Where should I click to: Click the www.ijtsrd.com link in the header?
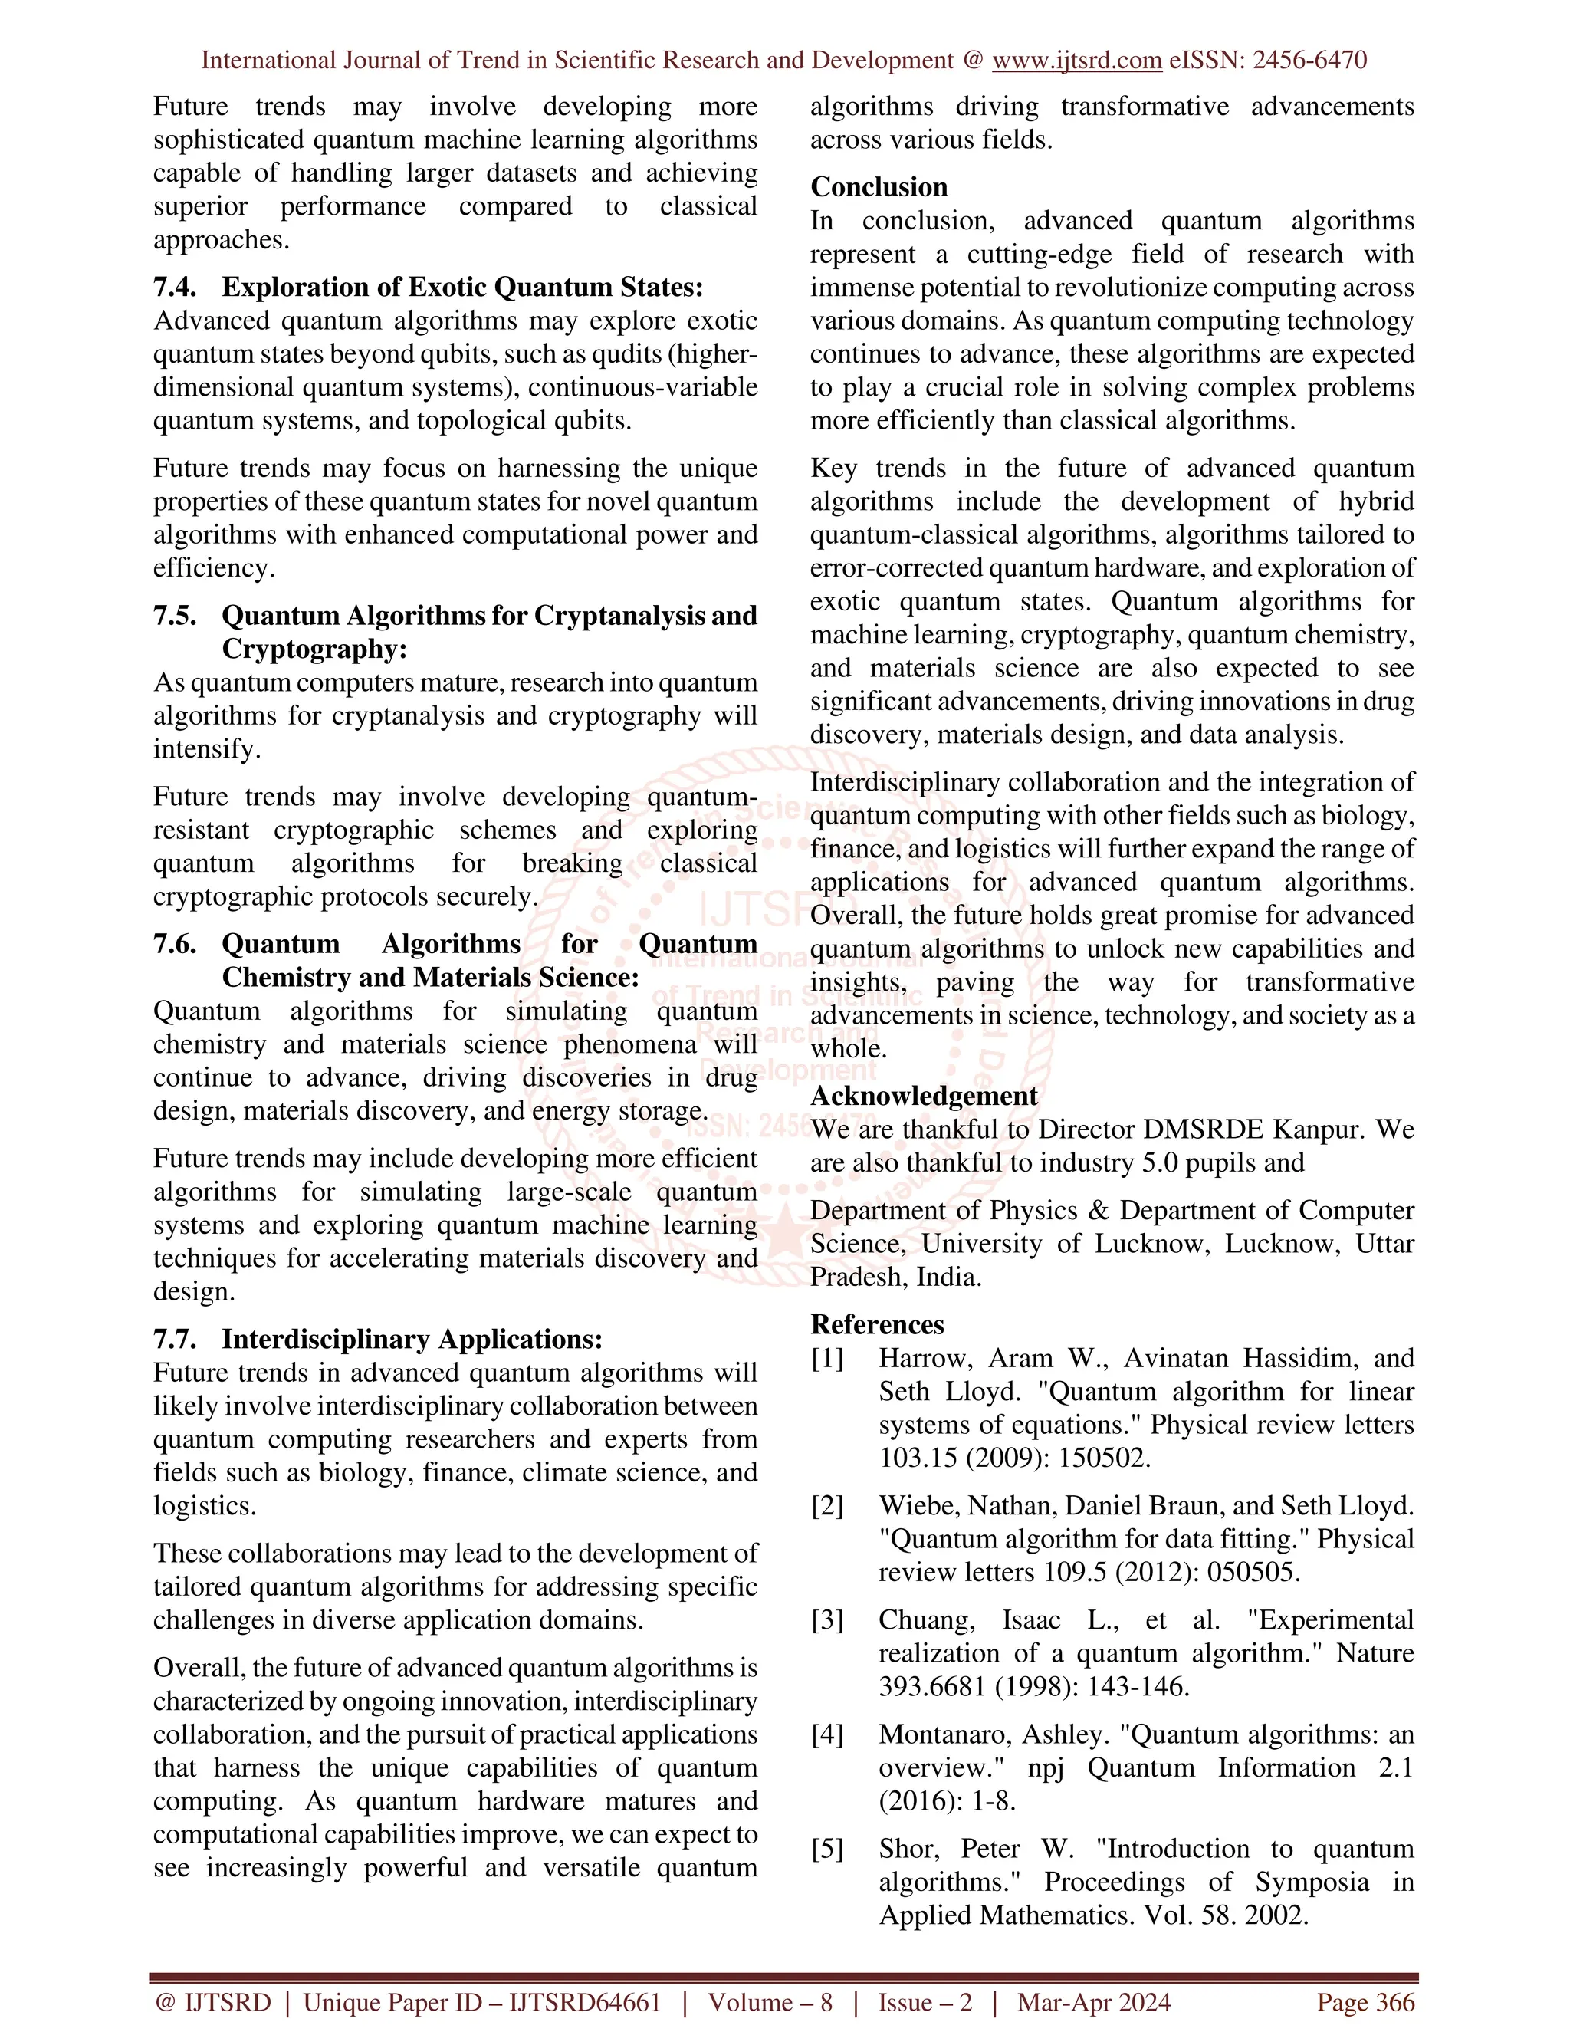click(x=1076, y=61)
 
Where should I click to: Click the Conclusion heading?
click(x=879, y=187)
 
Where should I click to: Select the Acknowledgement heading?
click(x=924, y=1096)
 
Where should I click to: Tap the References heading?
click(x=877, y=1324)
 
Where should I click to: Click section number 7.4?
click(x=174, y=287)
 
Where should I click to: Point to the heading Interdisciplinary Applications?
click(x=411, y=1339)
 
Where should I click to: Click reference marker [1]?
click(x=827, y=1359)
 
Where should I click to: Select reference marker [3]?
click(x=827, y=1619)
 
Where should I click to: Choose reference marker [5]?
click(x=827, y=1849)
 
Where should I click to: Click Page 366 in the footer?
click(x=1365, y=2003)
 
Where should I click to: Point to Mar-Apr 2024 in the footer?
click(x=1094, y=2003)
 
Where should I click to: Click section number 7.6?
click(x=174, y=945)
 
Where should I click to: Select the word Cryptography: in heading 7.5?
click(x=314, y=649)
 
